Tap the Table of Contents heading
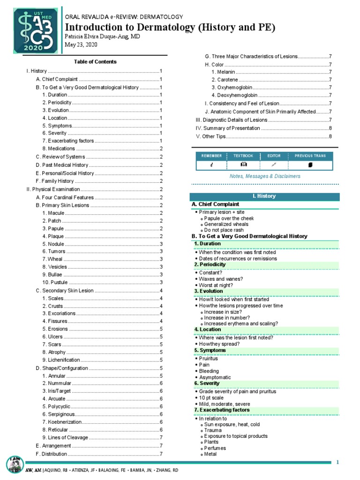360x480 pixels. pos(95,61)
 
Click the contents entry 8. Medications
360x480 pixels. pos(58,149)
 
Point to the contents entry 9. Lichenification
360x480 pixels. pos(64,360)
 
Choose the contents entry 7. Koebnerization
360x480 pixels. pos(64,422)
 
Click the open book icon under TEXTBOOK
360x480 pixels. pos(244,165)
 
